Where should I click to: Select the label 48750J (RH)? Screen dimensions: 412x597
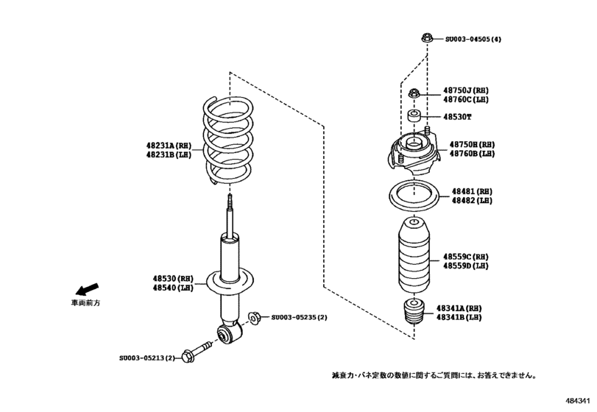point(466,90)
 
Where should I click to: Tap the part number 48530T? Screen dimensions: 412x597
point(457,117)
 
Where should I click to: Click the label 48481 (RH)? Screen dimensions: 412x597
point(471,191)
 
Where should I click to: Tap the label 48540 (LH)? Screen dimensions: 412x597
point(173,288)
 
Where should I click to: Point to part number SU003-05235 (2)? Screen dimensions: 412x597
point(299,317)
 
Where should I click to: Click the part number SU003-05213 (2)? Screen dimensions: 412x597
point(148,358)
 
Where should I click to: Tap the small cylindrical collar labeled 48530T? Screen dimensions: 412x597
point(416,116)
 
